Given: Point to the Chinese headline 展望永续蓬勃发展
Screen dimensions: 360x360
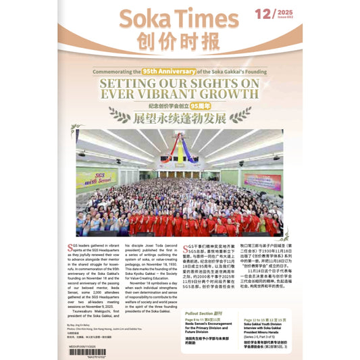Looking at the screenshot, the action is [180, 118].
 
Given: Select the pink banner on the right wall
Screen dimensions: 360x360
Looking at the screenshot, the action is [262, 181].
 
